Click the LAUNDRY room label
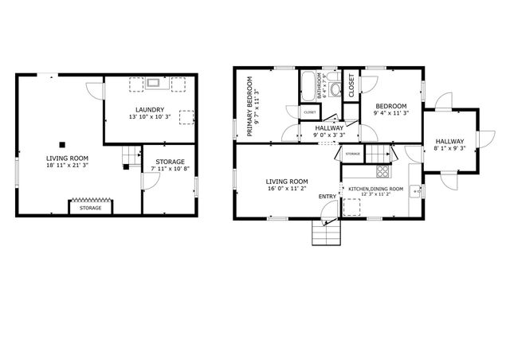tap(150, 109)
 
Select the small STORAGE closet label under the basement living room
tap(90, 208)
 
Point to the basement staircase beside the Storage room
tap(129, 158)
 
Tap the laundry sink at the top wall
tap(154, 82)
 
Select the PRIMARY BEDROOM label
tap(249, 107)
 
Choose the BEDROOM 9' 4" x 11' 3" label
tap(390, 107)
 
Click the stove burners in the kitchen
tap(382, 170)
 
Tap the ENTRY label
tap(328, 196)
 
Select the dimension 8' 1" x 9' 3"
tap(449, 149)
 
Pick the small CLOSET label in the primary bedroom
tap(309, 113)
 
